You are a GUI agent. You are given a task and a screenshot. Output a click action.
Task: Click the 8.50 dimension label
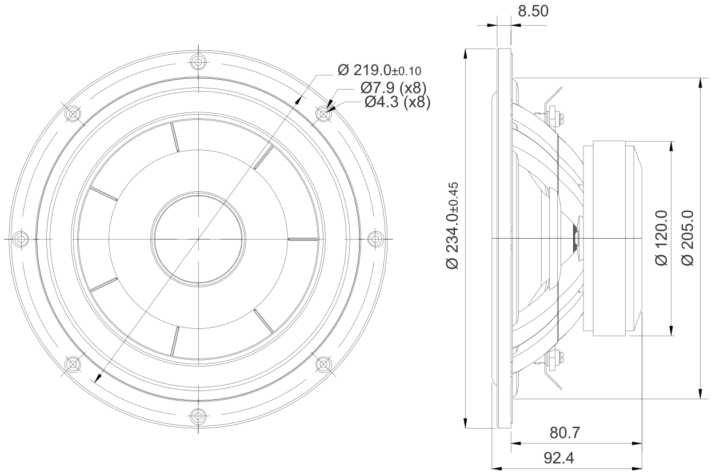(533, 11)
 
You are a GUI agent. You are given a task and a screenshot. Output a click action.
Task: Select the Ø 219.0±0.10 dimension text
(379, 70)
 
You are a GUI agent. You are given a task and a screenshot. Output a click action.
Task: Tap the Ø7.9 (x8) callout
(394, 88)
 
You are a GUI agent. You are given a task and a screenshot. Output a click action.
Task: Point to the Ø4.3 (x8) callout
(397, 102)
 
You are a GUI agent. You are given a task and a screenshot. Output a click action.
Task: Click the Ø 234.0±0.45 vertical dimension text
(453, 226)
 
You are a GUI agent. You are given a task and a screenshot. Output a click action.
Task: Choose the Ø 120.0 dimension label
(662, 238)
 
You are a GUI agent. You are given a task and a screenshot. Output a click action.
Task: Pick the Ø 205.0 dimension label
(688, 238)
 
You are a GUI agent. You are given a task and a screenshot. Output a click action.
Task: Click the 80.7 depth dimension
(565, 433)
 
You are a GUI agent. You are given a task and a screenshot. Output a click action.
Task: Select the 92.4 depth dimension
(559, 458)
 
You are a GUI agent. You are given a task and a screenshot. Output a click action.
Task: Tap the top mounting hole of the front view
(198, 62)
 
